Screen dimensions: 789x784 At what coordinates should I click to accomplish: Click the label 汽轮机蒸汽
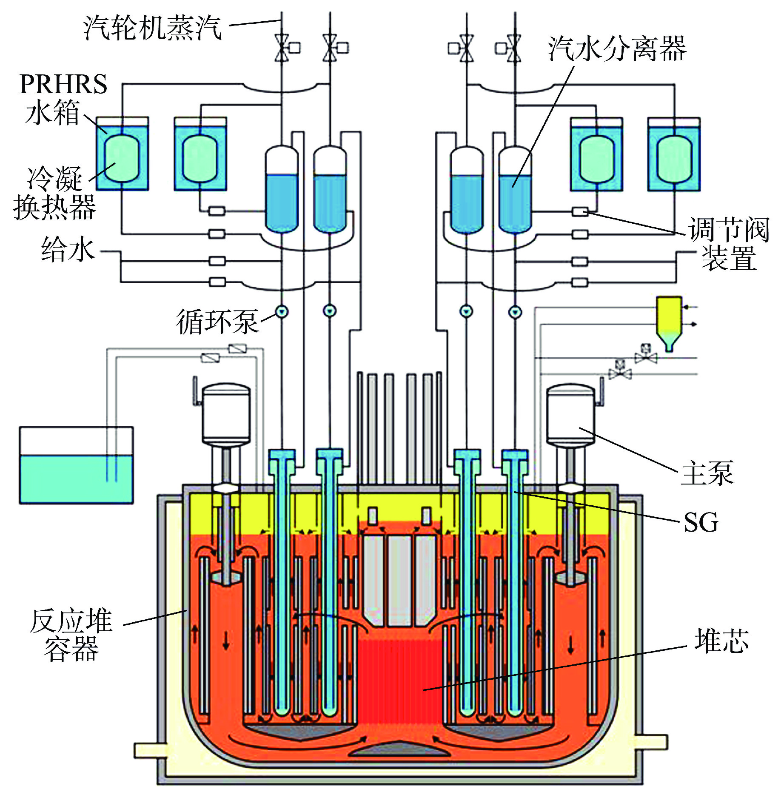pos(152,28)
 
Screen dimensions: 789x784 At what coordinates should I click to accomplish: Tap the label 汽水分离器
pos(617,48)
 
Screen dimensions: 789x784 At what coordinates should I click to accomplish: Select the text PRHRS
pos(63,84)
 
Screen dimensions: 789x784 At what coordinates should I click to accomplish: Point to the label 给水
pos(68,249)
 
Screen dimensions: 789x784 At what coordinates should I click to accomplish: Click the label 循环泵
pos(217,322)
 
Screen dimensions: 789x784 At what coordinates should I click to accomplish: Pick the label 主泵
pos(708,473)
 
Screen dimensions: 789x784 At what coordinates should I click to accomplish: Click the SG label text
pos(701,522)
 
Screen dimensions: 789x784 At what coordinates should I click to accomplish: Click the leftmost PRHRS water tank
pos(122,154)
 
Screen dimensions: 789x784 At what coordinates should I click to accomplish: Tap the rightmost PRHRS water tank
pos(674,154)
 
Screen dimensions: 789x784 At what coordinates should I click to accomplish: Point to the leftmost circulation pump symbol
pos(282,312)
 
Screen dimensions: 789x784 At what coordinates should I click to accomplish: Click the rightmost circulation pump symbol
pos(515,312)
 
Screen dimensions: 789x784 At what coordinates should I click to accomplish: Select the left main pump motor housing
pos(226,412)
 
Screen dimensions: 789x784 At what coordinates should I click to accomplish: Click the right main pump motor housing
pos(570,412)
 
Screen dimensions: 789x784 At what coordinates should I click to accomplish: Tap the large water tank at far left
pos(77,465)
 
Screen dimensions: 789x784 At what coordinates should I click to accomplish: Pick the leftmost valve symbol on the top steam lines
pos(282,48)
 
